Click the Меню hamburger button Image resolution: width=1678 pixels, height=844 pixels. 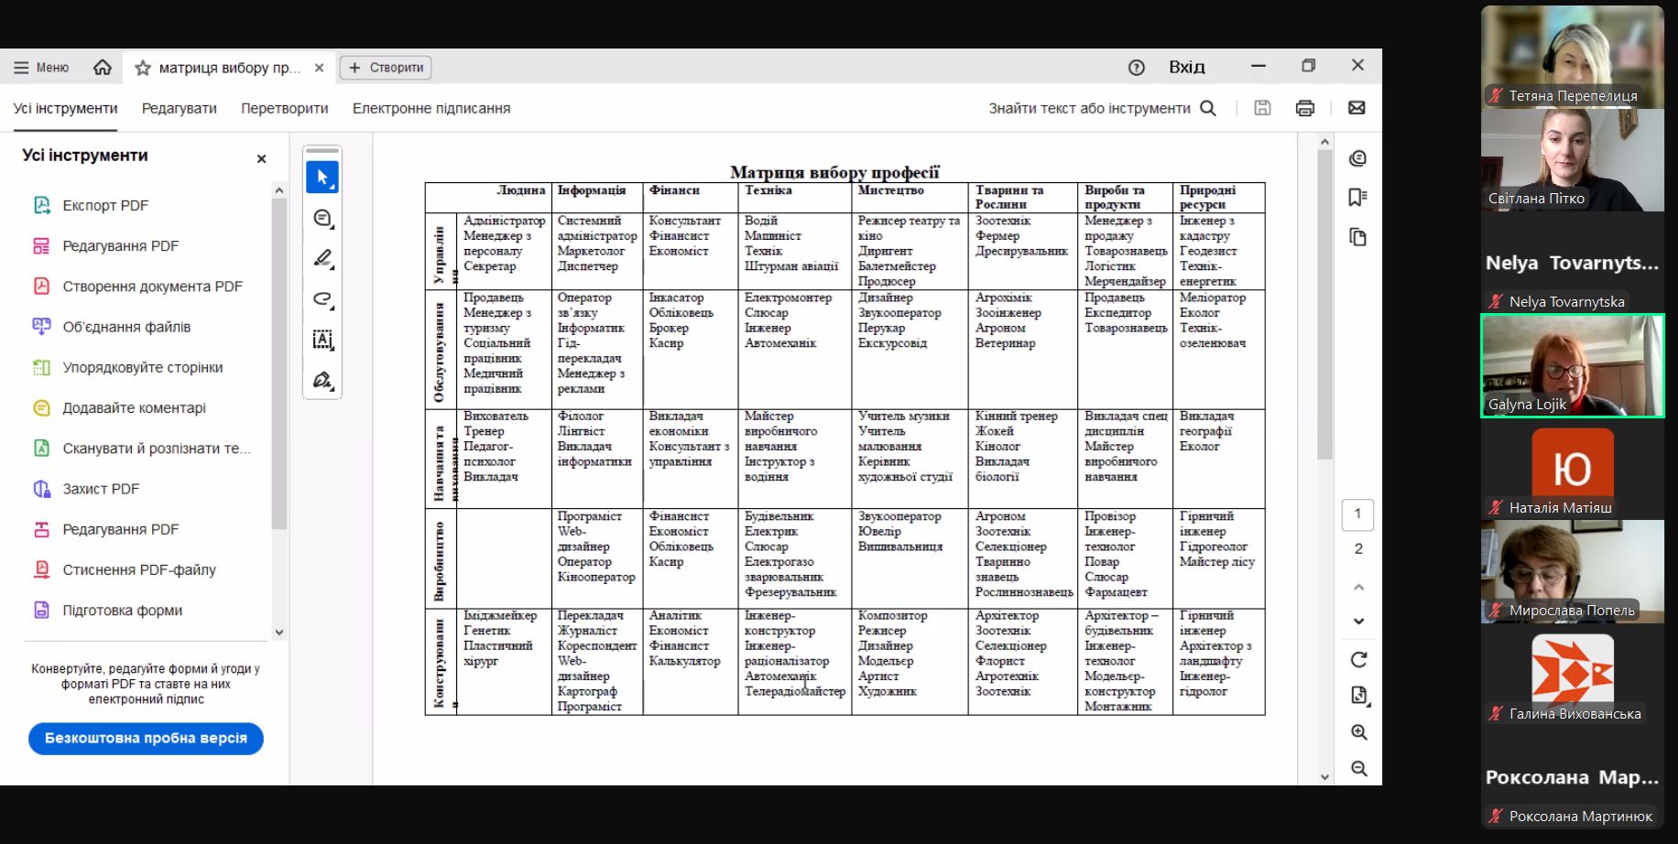tap(40, 68)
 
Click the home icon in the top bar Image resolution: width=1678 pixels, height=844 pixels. tap(103, 68)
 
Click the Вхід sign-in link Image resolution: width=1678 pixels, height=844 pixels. tap(1186, 67)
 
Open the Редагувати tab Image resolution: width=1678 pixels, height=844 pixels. tap(180, 108)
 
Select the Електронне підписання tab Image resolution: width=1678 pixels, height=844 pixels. tap(431, 108)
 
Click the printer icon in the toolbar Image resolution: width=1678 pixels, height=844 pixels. tap(1305, 108)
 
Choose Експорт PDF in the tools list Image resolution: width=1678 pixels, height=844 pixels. tap(104, 205)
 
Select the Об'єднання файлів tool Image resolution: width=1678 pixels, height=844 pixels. tap(126, 327)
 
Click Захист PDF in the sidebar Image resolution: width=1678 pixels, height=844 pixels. tap(101, 489)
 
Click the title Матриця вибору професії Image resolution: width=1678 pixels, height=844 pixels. tap(834, 172)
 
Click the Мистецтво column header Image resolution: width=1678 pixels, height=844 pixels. tap(890, 190)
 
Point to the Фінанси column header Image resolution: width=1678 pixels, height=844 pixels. tap(674, 190)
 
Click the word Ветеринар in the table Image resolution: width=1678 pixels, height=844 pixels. tap(1005, 343)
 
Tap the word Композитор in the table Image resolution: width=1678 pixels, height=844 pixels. tap(892, 616)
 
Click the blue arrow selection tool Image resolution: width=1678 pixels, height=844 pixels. tap(321, 178)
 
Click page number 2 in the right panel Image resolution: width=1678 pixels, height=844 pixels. tap(1358, 548)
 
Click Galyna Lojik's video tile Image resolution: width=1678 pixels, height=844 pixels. tap(1572, 366)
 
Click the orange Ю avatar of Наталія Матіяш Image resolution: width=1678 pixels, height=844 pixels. tap(1572, 470)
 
